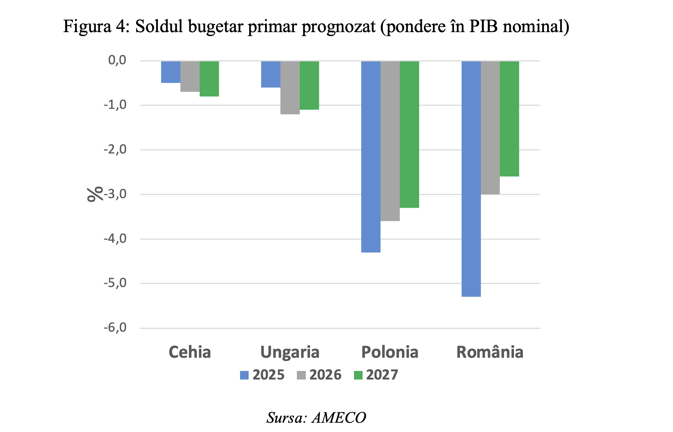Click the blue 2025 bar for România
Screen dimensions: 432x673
point(471,179)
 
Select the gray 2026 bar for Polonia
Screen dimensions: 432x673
point(390,141)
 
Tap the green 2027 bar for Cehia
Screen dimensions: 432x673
point(209,79)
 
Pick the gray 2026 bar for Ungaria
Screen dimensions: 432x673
point(290,87)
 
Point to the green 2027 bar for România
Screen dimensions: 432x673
point(509,119)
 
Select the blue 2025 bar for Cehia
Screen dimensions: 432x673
point(170,72)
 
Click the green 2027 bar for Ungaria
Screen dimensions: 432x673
point(309,85)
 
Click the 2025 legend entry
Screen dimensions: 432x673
point(262,375)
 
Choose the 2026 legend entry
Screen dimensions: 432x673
point(319,375)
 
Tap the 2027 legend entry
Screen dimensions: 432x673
point(376,375)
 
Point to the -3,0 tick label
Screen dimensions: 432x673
point(115,194)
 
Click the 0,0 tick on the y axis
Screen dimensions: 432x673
point(117,60)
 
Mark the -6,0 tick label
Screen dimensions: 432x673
point(115,328)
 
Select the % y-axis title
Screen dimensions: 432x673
point(95,194)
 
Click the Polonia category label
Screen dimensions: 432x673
point(390,352)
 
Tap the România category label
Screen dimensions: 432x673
point(490,352)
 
